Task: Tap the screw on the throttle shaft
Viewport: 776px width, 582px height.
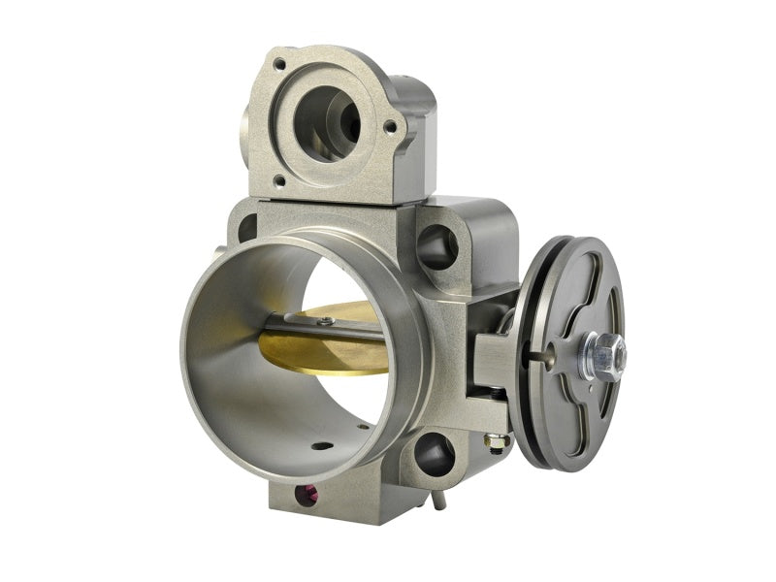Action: click(x=327, y=321)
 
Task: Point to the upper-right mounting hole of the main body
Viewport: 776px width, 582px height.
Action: click(x=438, y=247)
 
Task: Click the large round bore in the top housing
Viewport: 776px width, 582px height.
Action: click(x=327, y=122)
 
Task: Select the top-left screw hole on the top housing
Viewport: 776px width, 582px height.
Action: click(x=279, y=64)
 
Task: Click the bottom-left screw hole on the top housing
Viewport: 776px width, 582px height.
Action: click(x=278, y=179)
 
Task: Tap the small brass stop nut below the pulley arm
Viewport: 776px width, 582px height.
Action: click(x=497, y=441)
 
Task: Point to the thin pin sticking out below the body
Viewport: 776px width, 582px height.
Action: click(x=438, y=499)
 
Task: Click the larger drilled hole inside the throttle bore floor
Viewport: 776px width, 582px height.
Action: click(x=321, y=446)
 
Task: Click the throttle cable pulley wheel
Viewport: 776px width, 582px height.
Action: click(x=572, y=291)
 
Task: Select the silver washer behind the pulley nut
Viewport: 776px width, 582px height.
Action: click(x=589, y=358)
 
